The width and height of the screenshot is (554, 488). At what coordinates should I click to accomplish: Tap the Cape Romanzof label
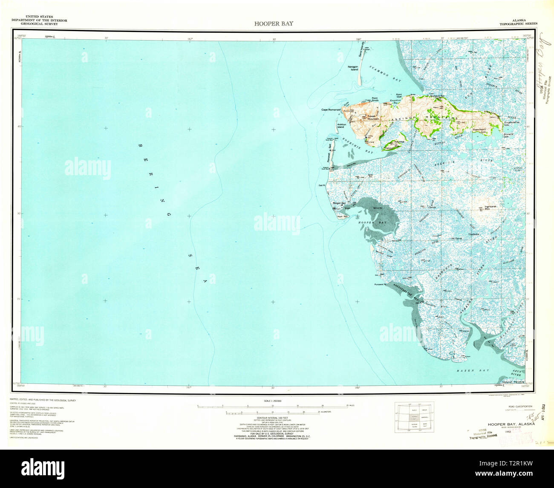[x=331, y=110]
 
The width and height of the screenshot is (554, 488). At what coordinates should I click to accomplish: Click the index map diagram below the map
[x=414, y=418]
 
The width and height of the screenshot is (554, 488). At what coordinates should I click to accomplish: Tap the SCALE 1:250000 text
[x=273, y=401]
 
